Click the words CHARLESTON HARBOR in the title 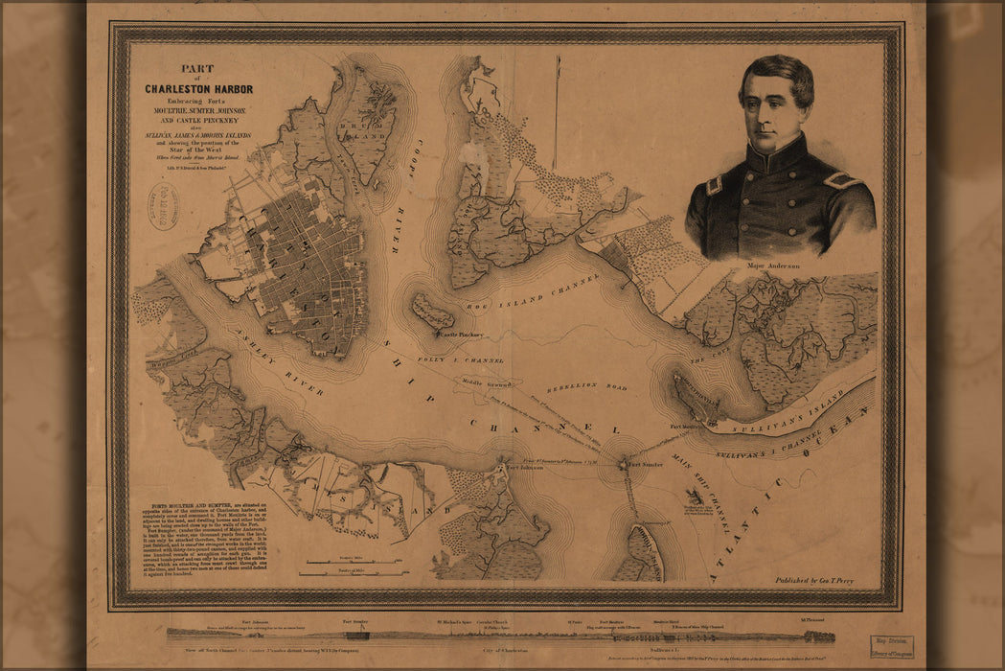tap(198, 89)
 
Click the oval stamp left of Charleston tap(163, 206)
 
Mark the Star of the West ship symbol tap(695, 496)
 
